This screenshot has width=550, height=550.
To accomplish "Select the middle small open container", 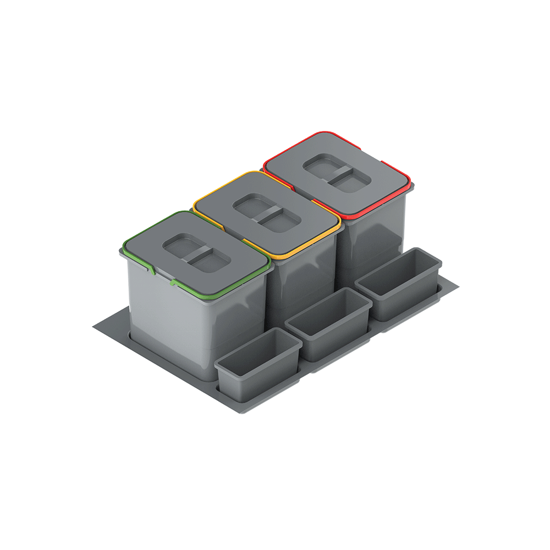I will click(x=328, y=322).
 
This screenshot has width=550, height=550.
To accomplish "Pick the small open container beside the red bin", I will click(x=398, y=283).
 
